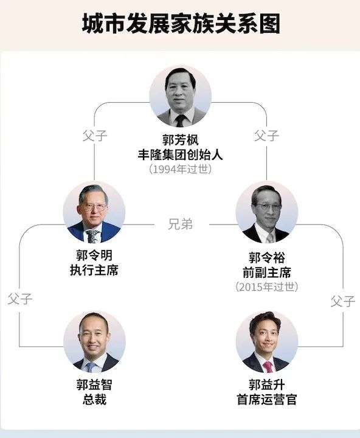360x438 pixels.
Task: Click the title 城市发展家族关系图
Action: (181, 24)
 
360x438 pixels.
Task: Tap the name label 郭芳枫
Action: (180, 140)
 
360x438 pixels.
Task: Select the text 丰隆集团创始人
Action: (180, 155)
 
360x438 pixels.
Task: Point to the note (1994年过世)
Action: (180, 169)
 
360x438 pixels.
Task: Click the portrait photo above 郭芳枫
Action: (180, 97)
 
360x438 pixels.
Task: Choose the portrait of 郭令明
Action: (94, 212)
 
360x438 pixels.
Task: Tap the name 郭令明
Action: (94, 255)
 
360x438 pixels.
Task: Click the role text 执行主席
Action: (94, 270)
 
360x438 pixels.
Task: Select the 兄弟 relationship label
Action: (180, 224)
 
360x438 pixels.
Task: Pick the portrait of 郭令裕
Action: (267, 212)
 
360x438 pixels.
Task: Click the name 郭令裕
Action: (267, 258)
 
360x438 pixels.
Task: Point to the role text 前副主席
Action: (267, 273)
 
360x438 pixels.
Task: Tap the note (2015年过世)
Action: (267, 287)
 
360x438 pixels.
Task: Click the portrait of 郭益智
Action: (94, 342)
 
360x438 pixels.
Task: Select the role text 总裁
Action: (94, 400)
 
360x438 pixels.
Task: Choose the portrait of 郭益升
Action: (267, 342)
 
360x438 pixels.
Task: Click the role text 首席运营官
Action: (267, 400)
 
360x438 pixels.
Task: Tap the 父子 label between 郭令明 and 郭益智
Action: (20, 299)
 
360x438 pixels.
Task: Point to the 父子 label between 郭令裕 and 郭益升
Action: (343, 301)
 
